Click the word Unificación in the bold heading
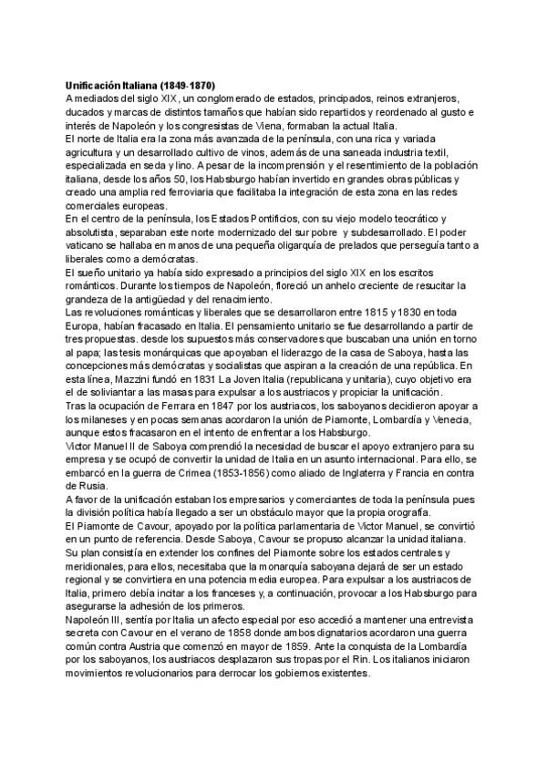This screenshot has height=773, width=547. pyautogui.click(x=94, y=85)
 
